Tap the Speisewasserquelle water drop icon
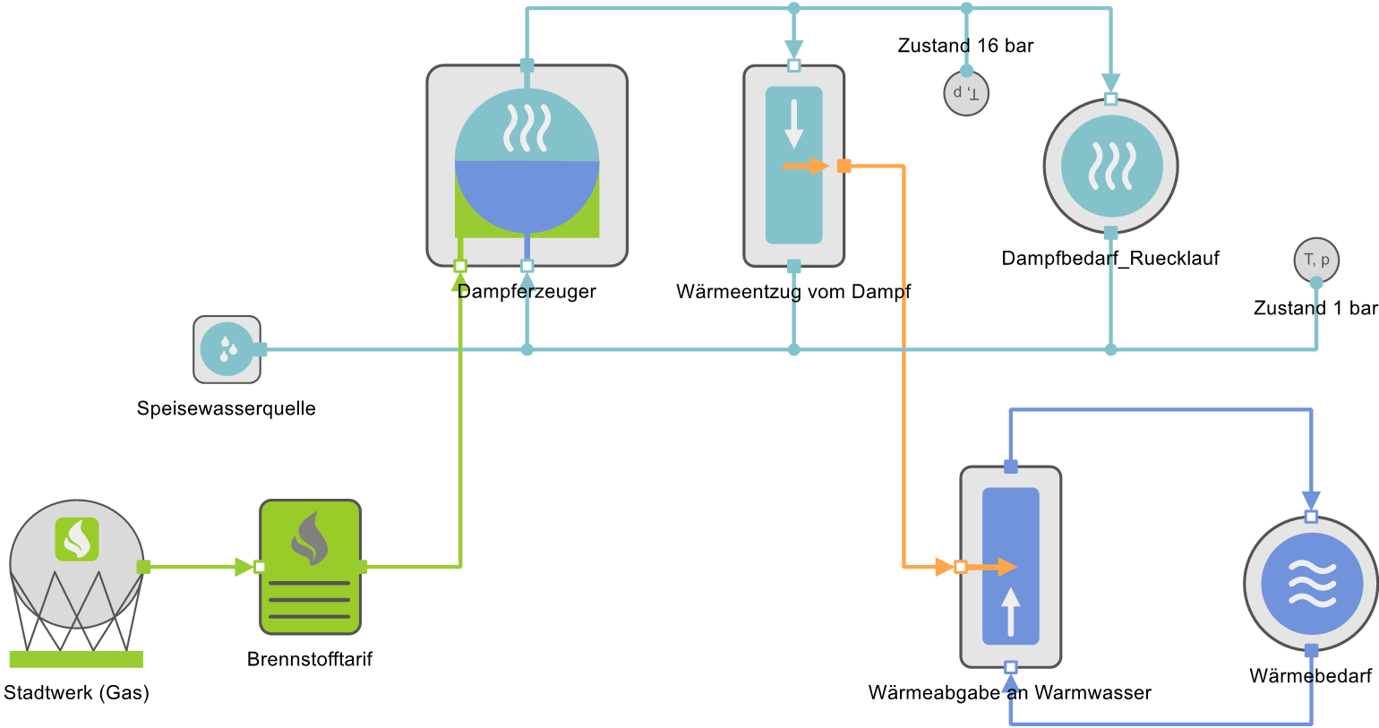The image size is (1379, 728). pyautogui.click(x=227, y=348)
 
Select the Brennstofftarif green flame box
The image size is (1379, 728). pyautogui.click(x=310, y=566)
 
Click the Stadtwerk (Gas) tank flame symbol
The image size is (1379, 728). pyautogui.click(x=76, y=539)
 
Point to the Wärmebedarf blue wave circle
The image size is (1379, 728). pyautogui.click(x=1311, y=584)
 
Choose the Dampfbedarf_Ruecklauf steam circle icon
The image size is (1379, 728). pyautogui.click(x=1110, y=166)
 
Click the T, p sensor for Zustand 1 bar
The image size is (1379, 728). pyautogui.click(x=1316, y=261)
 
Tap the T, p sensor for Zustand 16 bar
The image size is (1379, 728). pyautogui.click(x=966, y=93)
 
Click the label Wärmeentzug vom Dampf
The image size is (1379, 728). pyautogui.click(x=793, y=292)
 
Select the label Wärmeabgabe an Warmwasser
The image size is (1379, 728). pyautogui.click(x=1009, y=693)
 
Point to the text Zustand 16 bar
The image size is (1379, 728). pyautogui.click(x=965, y=46)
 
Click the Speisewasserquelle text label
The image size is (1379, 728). pyautogui.click(x=226, y=409)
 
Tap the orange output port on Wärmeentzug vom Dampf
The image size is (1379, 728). pyautogui.click(x=844, y=166)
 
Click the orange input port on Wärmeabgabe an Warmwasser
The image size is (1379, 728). pyautogui.click(x=961, y=567)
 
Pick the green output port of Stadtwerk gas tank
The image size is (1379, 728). pyautogui.click(x=143, y=567)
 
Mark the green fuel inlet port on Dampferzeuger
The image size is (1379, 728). pyautogui.click(x=460, y=266)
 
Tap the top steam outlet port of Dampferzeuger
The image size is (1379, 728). pyautogui.click(x=527, y=65)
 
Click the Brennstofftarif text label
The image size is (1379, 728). pyautogui.click(x=309, y=660)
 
